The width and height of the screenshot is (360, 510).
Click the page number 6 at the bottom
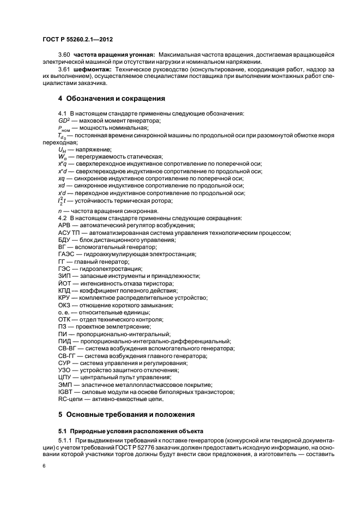[44, 466]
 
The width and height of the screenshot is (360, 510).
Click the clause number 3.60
[64, 56]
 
